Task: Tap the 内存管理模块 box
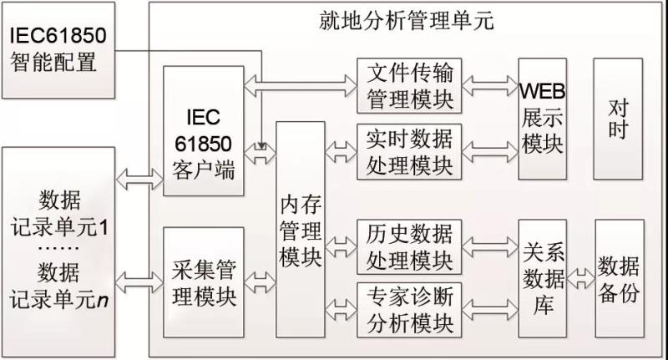coord(300,231)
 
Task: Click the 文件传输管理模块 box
coord(408,85)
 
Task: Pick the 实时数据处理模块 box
coord(408,151)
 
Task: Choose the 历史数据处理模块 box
coord(408,246)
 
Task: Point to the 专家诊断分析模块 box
coord(408,310)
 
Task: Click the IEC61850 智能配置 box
coord(56,49)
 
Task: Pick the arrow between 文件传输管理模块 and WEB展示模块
coord(489,84)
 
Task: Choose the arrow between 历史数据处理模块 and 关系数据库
coord(489,246)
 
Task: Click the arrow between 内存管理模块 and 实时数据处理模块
coord(341,151)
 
